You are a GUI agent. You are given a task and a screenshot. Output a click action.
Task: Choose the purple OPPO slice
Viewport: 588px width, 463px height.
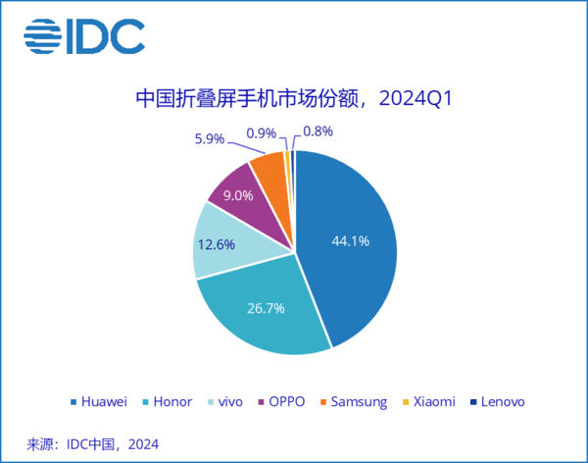pyautogui.click(x=235, y=190)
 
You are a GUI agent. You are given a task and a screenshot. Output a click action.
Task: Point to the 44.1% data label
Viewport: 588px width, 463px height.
pyautogui.click(x=350, y=241)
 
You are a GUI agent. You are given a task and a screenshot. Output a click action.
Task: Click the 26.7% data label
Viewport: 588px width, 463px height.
pyautogui.click(x=265, y=308)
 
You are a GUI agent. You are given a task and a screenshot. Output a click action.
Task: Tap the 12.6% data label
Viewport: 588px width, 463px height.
pyautogui.click(x=216, y=245)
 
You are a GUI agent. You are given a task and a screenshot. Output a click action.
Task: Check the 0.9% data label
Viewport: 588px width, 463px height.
pyautogui.click(x=261, y=130)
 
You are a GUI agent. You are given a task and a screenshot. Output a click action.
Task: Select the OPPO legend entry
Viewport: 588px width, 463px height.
pyautogui.click(x=282, y=401)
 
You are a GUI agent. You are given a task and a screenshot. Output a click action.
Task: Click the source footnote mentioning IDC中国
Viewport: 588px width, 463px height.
pyautogui.click(x=93, y=442)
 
